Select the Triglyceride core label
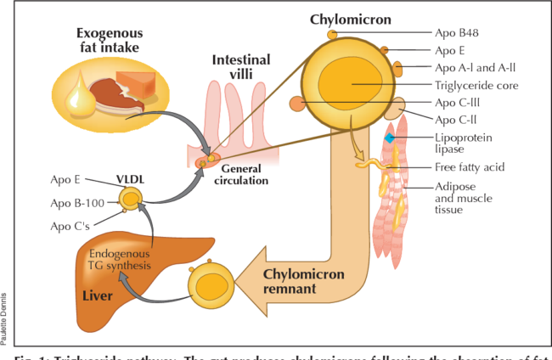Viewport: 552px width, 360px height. (x=477, y=85)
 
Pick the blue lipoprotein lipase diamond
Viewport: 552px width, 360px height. (x=390, y=138)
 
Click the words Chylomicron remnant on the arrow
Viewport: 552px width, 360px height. (x=302, y=281)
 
